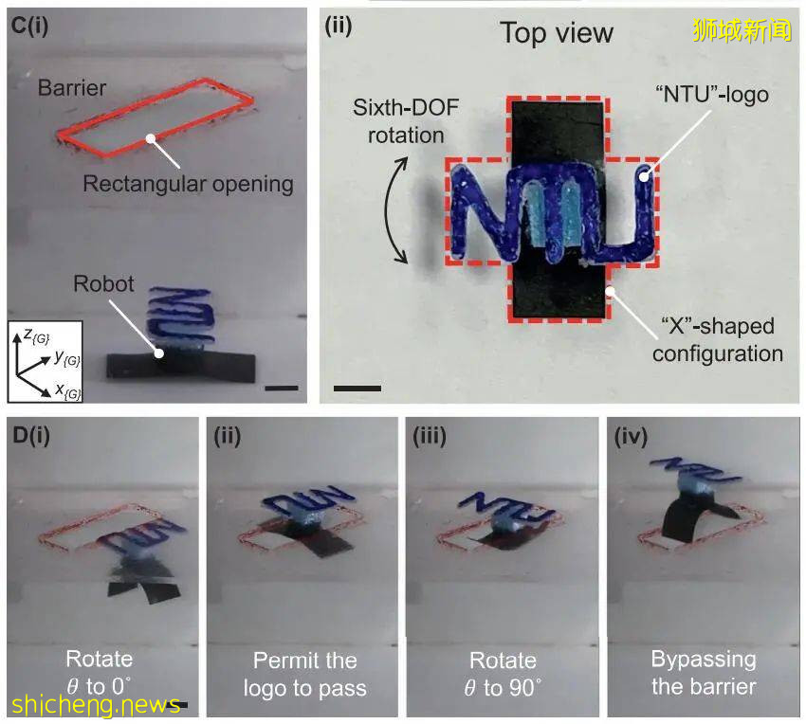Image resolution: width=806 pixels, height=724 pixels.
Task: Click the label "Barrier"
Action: pyautogui.click(x=72, y=88)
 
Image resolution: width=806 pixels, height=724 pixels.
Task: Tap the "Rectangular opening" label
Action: pyautogui.click(x=188, y=183)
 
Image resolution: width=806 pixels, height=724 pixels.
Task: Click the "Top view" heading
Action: pyautogui.click(x=557, y=33)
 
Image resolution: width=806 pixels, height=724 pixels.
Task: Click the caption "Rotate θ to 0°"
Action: pyautogui.click(x=100, y=672)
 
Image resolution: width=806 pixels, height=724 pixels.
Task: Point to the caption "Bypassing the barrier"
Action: pyautogui.click(x=704, y=672)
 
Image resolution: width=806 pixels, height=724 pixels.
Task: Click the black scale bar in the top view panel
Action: pyautogui.click(x=357, y=388)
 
